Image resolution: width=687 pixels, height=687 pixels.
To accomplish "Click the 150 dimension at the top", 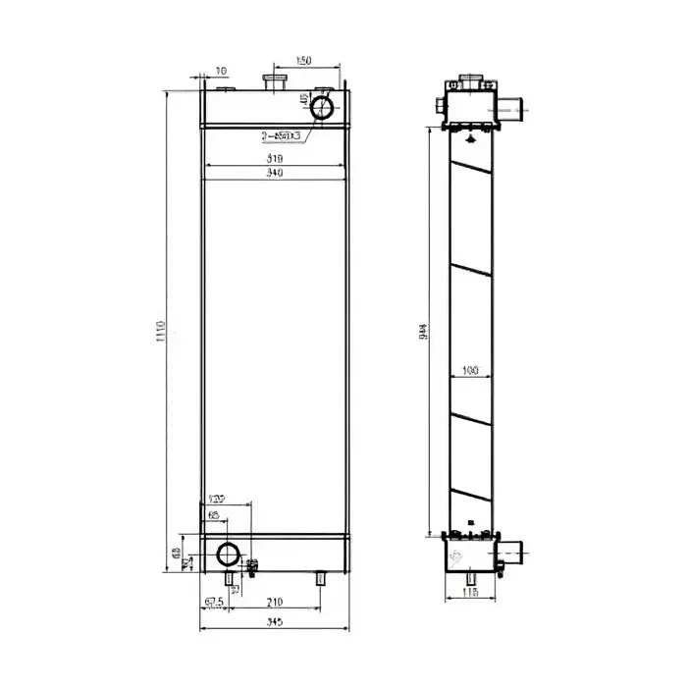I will tap(304, 62).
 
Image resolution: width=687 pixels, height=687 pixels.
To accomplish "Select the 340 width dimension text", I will tap(275, 174).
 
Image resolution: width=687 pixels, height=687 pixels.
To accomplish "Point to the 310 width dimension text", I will tap(275, 158).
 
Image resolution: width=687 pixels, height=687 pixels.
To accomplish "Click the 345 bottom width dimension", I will tap(274, 623).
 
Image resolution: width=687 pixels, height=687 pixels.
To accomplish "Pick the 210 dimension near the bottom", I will tap(275, 602).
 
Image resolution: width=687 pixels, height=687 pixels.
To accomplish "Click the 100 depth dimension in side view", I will tap(469, 371).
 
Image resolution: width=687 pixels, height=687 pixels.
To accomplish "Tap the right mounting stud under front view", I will tap(320, 579).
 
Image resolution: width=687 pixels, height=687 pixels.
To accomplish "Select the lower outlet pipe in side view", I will tap(512, 554).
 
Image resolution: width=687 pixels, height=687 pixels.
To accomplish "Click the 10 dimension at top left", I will tap(220, 71).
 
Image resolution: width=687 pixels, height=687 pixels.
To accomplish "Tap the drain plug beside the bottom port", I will tap(252, 566).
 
